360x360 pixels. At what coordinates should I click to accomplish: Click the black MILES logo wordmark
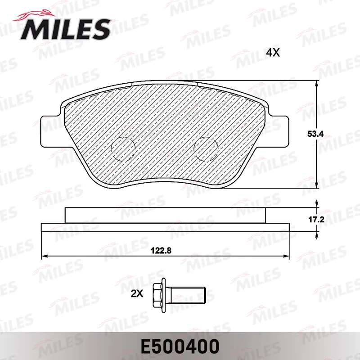coord(65,29)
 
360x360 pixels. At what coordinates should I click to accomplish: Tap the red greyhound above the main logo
coord(35,16)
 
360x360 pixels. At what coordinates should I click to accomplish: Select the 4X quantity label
coord(273,53)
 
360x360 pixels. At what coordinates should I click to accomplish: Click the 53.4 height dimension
coord(315,134)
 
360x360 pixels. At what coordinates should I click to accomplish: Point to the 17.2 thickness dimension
coord(316,220)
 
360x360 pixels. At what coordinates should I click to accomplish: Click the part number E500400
coord(180,346)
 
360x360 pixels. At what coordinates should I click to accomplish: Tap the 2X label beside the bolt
coord(137,293)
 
